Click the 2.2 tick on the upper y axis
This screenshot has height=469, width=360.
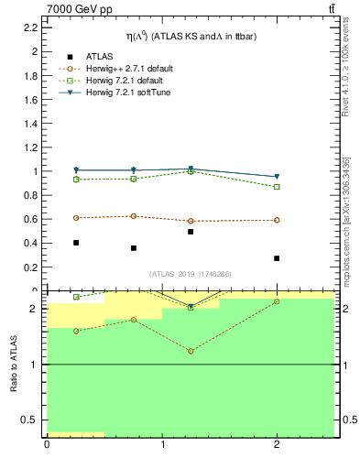(x=29, y=27)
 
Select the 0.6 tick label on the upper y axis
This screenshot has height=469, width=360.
(x=29, y=219)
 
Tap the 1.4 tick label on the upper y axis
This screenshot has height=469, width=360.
(x=29, y=124)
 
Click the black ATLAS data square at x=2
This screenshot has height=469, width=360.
(x=277, y=258)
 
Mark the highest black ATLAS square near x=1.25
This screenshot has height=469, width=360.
(x=190, y=232)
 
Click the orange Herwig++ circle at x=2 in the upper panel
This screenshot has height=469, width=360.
(x=277, y=220)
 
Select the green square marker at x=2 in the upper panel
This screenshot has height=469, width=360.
(x=277, y=187)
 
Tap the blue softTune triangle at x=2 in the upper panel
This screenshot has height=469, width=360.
(x=277, y=177)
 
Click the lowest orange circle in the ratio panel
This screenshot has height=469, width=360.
(x=191, y=351)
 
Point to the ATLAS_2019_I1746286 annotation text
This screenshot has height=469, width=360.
(x=190, y=274)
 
